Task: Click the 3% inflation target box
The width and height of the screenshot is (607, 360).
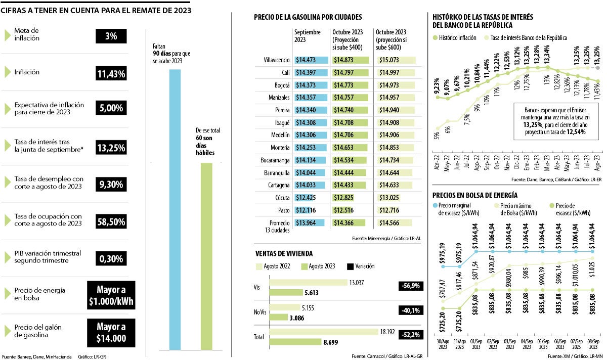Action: [x=111, y=36]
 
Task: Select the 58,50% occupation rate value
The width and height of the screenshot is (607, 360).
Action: [x=111, y=221]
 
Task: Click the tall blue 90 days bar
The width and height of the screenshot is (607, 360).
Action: [x=175, y=209]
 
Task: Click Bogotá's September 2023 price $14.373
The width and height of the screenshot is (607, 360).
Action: [x=312, y=85]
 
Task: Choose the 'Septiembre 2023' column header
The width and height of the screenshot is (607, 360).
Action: [x=308, y=35]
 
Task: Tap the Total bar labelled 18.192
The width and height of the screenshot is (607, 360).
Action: [x=324, y=332]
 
